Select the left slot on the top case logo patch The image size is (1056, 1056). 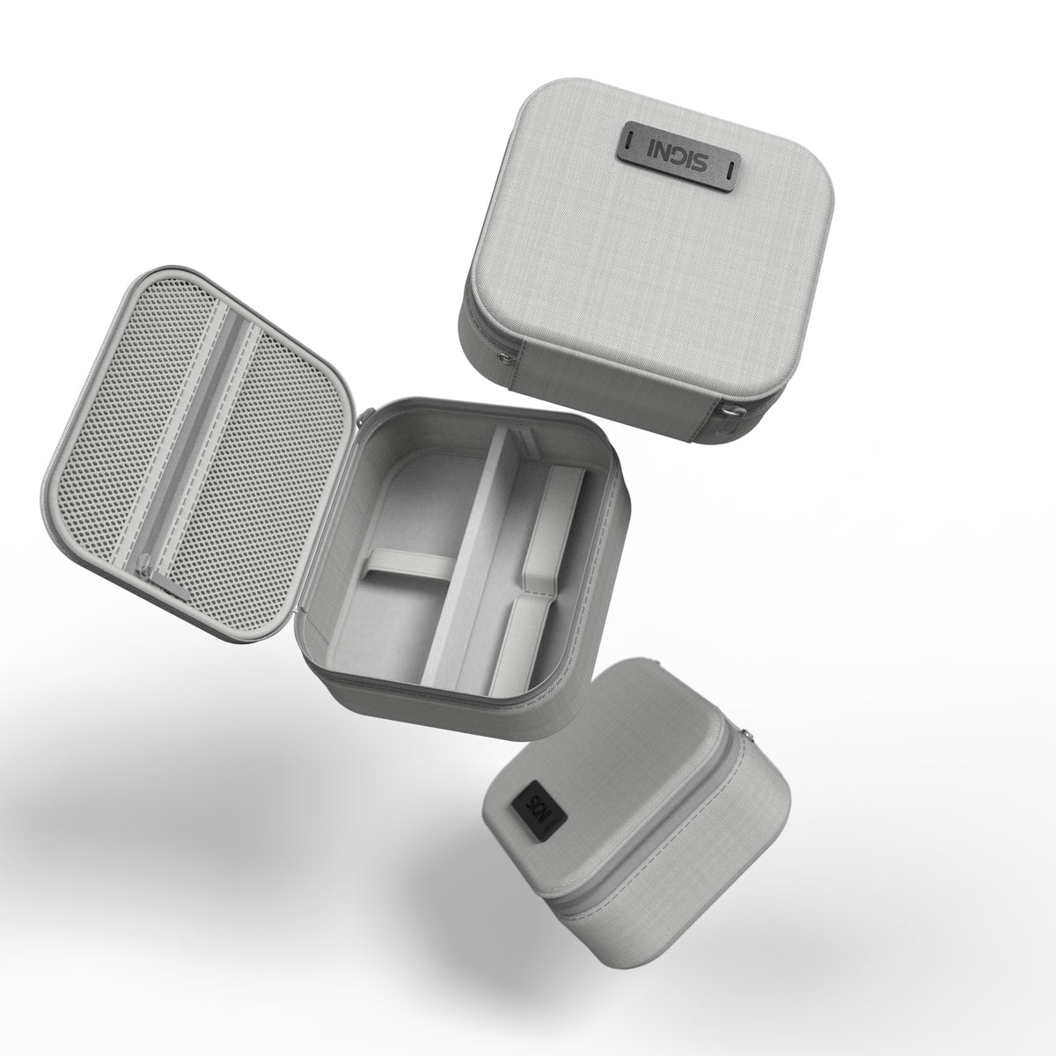click(633, 141)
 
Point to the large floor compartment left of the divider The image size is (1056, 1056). click(387, 616)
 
